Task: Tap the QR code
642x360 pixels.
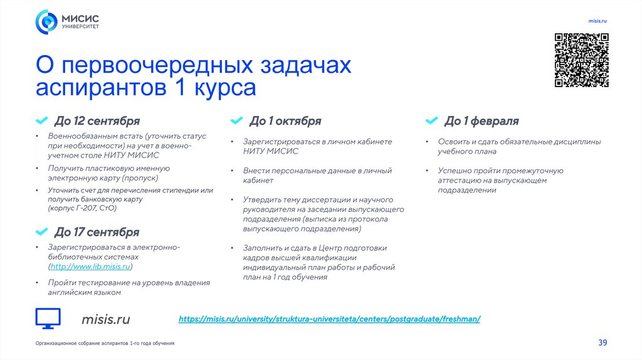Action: point(581,60)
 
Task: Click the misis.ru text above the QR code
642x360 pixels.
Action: point(597,21)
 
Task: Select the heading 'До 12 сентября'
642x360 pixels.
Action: point(97,121)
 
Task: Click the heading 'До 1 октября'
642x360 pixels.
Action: point(285,121)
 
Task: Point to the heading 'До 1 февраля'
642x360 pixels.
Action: point(481,121)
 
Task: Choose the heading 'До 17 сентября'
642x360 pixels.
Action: point(97,233)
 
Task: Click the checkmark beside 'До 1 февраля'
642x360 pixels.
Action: point(431,120)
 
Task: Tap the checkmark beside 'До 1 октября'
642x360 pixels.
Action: point(236,120)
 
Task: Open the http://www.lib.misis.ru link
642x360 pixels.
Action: point(91,267)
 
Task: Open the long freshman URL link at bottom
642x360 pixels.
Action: point(329,319)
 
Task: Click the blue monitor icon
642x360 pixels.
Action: point(48,319)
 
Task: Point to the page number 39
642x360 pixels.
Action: point(603,342)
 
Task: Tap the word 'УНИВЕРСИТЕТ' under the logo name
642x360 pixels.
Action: point(80,26)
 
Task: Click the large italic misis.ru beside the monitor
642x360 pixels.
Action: point(105,319)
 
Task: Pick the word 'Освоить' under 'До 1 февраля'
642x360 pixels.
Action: point(451,142)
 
